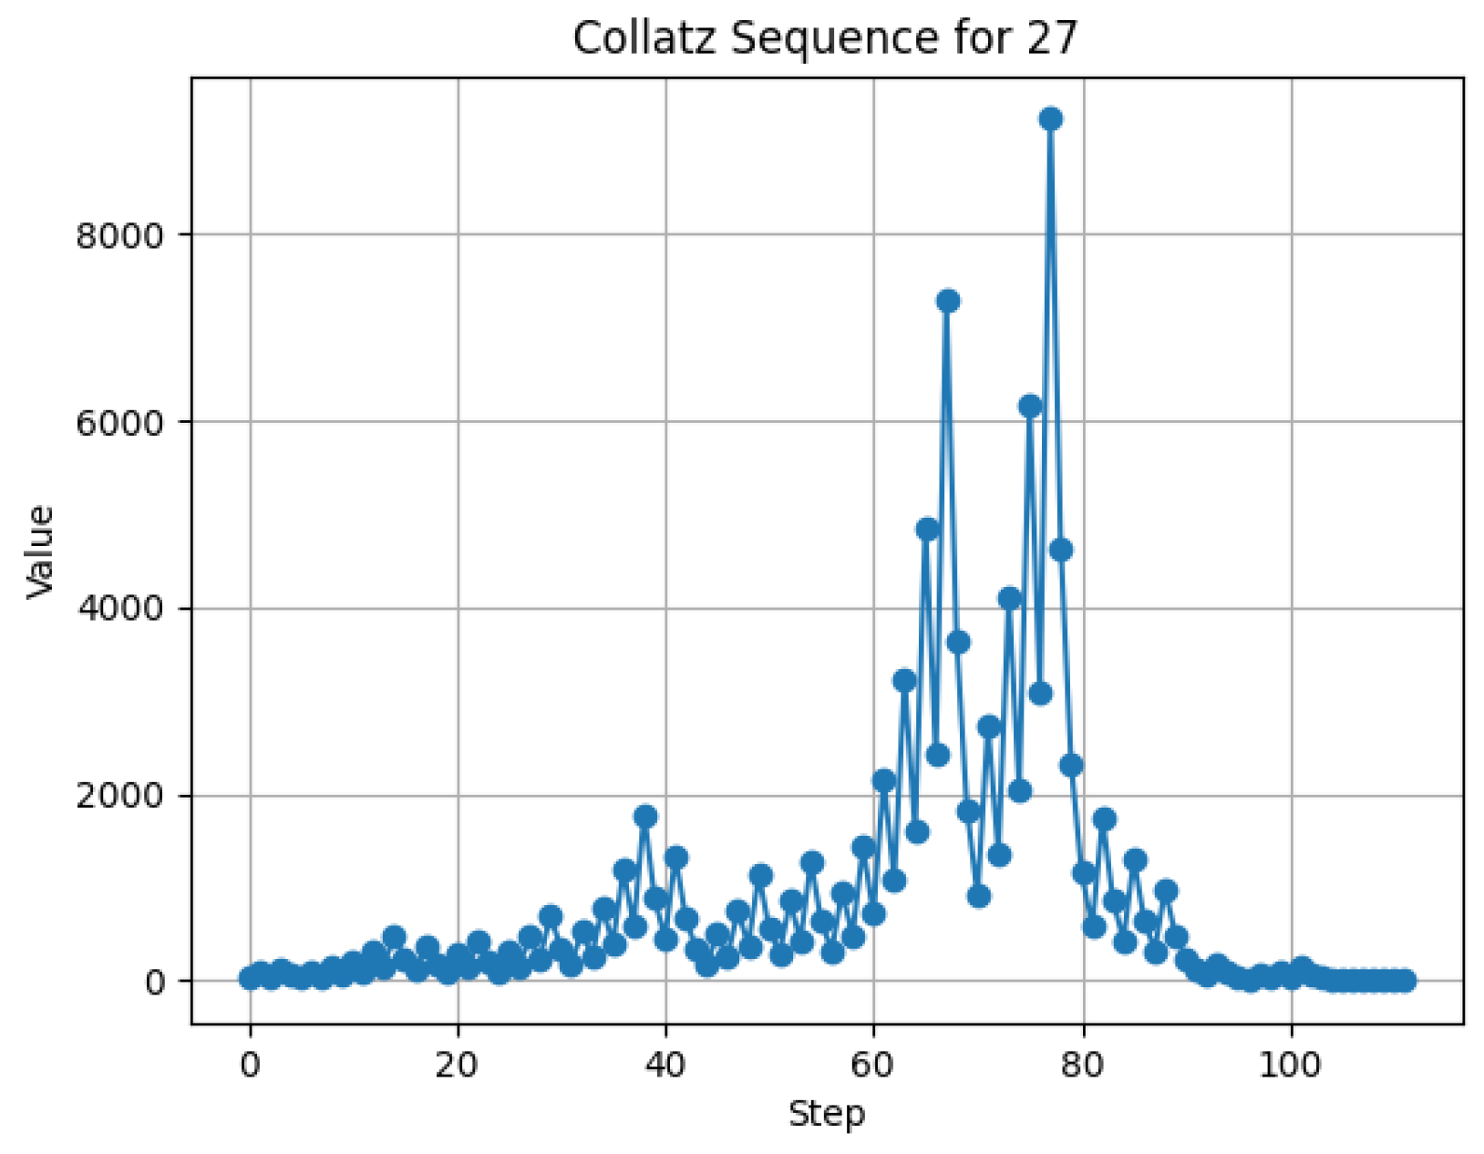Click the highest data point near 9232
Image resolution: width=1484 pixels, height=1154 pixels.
(1051, 118)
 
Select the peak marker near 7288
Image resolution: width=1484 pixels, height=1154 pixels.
(948, 301)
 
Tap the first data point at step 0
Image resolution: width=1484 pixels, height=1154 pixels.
(250, 978)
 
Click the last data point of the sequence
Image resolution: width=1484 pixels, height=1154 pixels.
(1406, 981)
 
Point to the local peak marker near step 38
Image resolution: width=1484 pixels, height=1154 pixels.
(646, 816)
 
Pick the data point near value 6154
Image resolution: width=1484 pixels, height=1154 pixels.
(1030, 407)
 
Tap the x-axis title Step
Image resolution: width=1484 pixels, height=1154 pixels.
(827, 1114)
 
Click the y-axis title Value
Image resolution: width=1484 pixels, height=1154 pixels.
(41, 552)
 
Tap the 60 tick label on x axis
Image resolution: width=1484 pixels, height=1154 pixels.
(874, 1065)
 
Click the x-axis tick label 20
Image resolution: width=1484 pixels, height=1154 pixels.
(458, 1065)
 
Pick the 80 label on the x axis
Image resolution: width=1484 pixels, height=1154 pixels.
(1083, 1065)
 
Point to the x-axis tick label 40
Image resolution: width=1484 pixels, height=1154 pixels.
(666, 1065)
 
